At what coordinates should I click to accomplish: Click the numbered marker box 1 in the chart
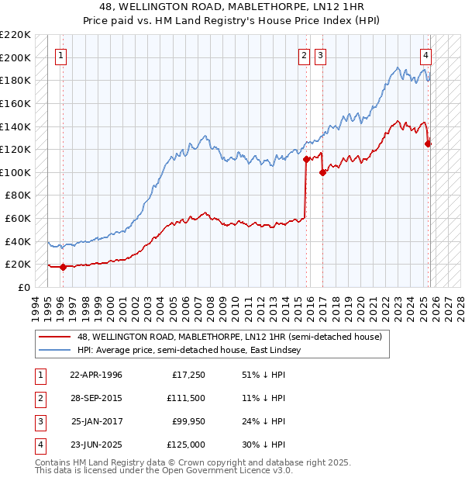click(x=60, y=55)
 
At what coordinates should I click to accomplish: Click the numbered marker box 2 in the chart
click(x=304, y=55)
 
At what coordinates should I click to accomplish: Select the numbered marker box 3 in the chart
click(x=320, y=55)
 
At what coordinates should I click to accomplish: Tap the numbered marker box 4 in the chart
click(x=426, y=55)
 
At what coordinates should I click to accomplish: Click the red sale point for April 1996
click(x=63, y=267)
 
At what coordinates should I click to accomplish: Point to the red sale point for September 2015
click(x=306, y=159)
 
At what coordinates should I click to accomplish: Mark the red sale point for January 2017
click(x=322, y=172)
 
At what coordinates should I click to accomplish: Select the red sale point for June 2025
click(x=428, y=144)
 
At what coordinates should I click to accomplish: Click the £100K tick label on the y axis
click(x=16, y=172)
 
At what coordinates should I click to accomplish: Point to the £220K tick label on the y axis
click(x=16, y=35)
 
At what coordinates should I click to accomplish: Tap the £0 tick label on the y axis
click(x=23, y=287)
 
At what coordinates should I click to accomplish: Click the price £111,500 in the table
click(x=185, y=399)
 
